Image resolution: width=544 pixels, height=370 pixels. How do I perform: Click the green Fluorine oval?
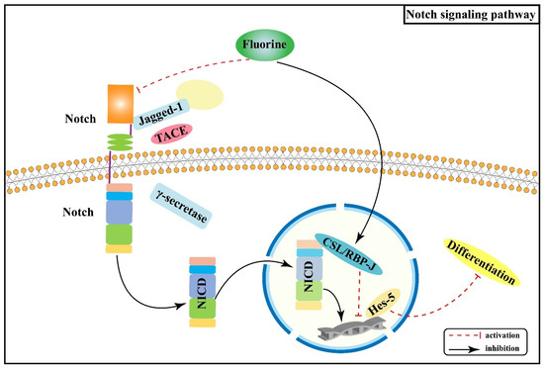(270, 46)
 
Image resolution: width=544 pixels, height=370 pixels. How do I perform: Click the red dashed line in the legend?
(467, 335)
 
